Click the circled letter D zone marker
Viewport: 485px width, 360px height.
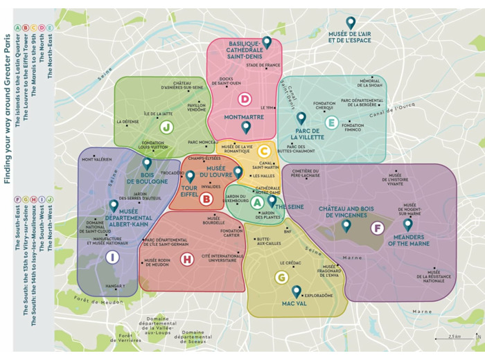(244, 99)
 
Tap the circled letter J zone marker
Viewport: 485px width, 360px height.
(166, 127)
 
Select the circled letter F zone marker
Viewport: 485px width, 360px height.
(377, 228)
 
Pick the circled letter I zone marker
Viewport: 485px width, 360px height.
(112, 257)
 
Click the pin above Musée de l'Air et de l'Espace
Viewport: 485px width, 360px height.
(351, 23)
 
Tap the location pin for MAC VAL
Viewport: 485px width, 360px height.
(297, 291)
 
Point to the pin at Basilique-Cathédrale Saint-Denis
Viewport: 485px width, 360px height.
(267, 42)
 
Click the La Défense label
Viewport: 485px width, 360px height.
(128, 122)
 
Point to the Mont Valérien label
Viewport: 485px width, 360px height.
(97, 159)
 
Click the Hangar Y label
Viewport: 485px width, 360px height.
(115, 286)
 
